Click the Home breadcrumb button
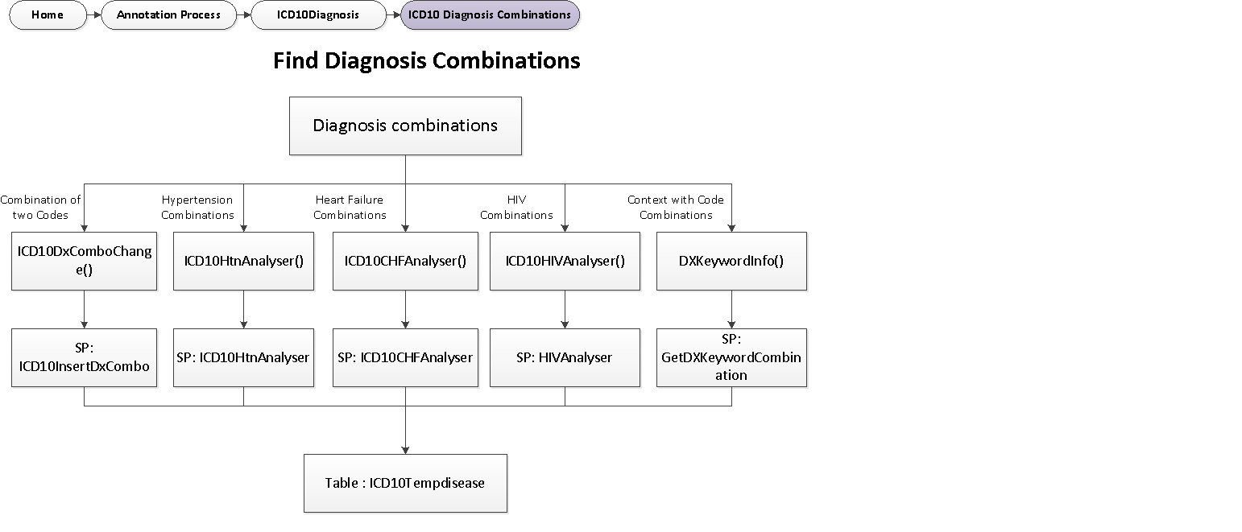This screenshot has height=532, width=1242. [x=48, y=15]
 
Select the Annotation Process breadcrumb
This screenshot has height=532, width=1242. [x=168, y=15]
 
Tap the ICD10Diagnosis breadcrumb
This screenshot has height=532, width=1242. [x=318, y=15]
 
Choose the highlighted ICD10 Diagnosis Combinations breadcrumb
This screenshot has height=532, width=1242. [x=490, y=15]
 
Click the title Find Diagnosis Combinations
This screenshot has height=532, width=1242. [x=426, y=61]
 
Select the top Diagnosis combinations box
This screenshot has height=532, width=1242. [x=405, y=126]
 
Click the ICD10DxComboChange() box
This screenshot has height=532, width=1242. [x=85, y=261]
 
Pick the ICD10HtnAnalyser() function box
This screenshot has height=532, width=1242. [x=243, y=261]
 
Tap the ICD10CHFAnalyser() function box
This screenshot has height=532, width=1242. [x=405, y=261]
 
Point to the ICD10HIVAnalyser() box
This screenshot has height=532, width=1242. [x=565, y=261]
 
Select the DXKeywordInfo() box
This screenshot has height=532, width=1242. [x=731, y=261]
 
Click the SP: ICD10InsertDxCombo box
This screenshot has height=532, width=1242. [x=85, y=357]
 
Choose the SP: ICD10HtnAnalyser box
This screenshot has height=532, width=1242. [x=243, y=357]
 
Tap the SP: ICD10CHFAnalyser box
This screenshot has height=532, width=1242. [x=405, y=357]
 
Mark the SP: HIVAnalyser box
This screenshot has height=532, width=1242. [x=565, y=357]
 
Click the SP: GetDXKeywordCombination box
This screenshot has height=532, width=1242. [x=731, y=357]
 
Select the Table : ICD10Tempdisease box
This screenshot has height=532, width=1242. [x=405, y=483]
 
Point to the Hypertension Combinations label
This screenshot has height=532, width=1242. [x=197, y=208]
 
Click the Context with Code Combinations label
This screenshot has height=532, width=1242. [x=676, y=208]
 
